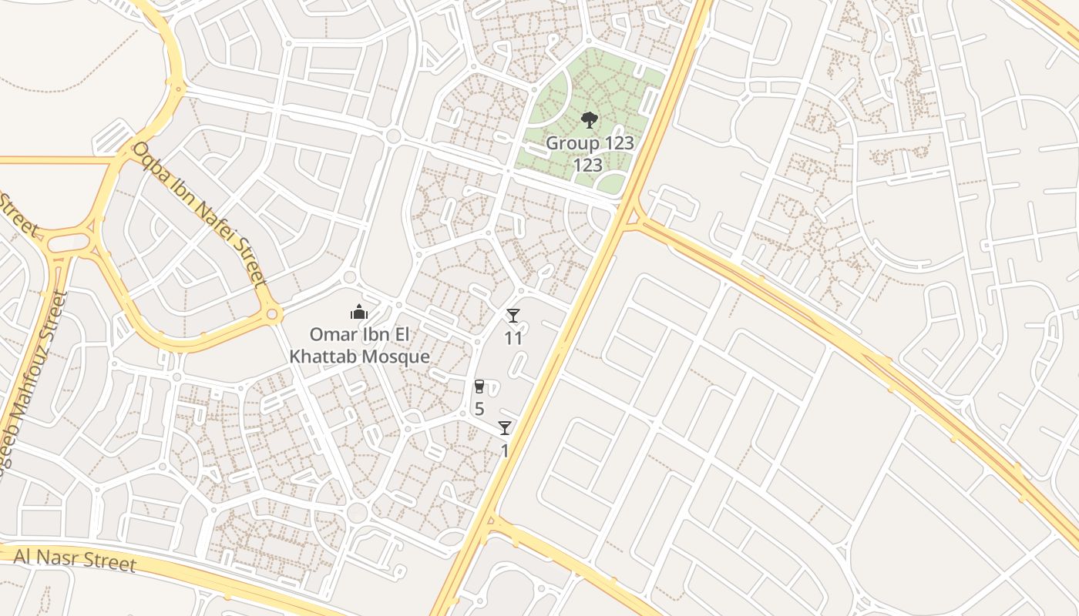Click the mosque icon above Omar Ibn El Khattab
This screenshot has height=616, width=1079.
coord(359,313)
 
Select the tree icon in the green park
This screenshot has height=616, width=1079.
coord(590,120)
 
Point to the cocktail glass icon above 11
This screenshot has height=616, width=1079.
coord(513,316)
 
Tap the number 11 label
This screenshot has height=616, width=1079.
coord(513,338)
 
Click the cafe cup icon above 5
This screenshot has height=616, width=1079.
coord(479,387)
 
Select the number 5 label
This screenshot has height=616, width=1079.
coord(479,409)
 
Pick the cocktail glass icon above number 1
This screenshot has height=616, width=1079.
coord(505,428)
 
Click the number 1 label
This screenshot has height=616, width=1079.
coord(505,450)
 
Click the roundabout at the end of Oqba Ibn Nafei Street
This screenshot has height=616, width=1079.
coord(271,314)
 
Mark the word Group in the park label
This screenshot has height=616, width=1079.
coord(572,143)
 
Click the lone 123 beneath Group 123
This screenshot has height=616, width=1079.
coord(587,166)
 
